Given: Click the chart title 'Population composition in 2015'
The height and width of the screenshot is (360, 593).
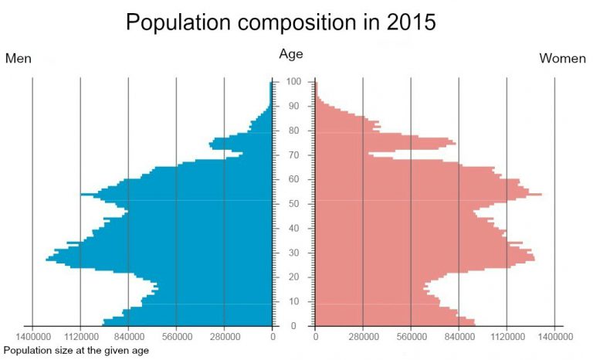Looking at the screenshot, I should [x=280, y=23].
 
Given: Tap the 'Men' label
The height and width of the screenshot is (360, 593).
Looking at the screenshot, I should [x=19, y=59].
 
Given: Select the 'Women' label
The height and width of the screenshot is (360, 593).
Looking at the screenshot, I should [x=562, y=59].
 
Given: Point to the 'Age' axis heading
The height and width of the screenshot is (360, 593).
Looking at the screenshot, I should [x=291, y=54].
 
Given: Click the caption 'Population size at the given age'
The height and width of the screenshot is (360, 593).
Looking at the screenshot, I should [x=76, y=350].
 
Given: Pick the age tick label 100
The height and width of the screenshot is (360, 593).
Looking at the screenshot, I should [x=293, y=82].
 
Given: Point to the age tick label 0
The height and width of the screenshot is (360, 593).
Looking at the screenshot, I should [x=293, y=326].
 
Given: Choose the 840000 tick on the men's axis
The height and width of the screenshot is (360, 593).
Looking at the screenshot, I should [x=128, y=337].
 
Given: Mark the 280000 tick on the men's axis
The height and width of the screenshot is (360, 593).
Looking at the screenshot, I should [x=225, y=337].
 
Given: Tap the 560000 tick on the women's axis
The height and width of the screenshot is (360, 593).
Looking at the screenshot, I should [x=411, y=337].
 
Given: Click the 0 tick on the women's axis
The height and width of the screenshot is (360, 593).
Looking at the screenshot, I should [x=315, y=337].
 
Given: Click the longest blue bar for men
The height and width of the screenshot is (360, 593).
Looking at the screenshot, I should [x=154, y=260].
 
